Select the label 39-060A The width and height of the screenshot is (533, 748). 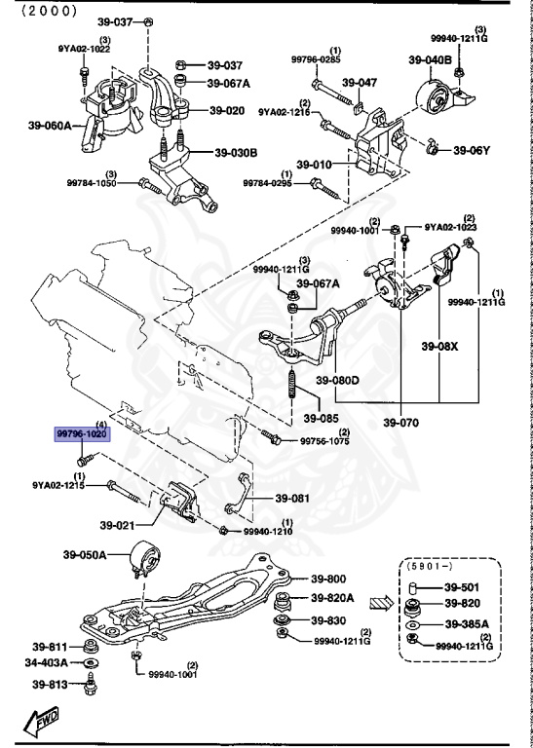[36, 126]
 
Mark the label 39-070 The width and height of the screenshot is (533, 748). [400, 424]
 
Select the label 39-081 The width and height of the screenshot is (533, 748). [292, 498]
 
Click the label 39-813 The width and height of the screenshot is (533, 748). [49, 684]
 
